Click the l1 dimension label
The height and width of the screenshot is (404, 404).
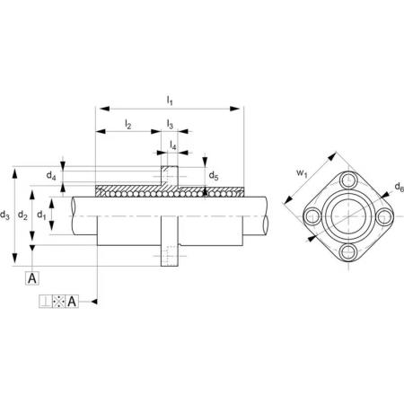pos(170,100)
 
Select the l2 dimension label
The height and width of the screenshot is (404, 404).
pos(128,123)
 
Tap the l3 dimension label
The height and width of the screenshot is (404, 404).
pos(170,123)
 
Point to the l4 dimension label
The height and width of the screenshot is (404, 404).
pos(173,145)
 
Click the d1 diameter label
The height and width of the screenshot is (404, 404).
pos(41,215)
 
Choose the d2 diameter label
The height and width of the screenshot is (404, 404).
pos(22,215)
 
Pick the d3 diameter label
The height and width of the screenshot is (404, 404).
pos(4,215)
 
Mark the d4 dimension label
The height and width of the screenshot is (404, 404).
pos(51,175)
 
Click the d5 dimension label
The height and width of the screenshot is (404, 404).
pos(214,175)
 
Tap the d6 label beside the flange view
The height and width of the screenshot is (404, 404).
pos(400,187)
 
